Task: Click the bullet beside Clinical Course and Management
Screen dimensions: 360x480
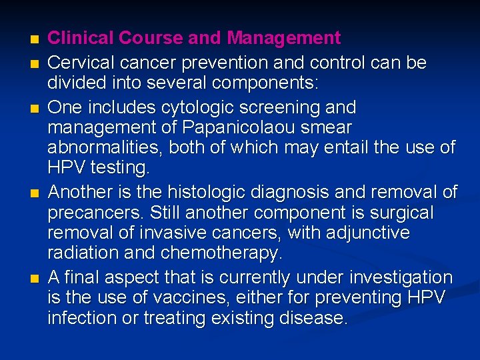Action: pyautogui.click(x=26, y=39)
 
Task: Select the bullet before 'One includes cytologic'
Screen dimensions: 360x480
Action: pyautogui.click(x=26, y=107)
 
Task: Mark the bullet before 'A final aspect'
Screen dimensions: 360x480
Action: pyautogui.click(x=26, y=277)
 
